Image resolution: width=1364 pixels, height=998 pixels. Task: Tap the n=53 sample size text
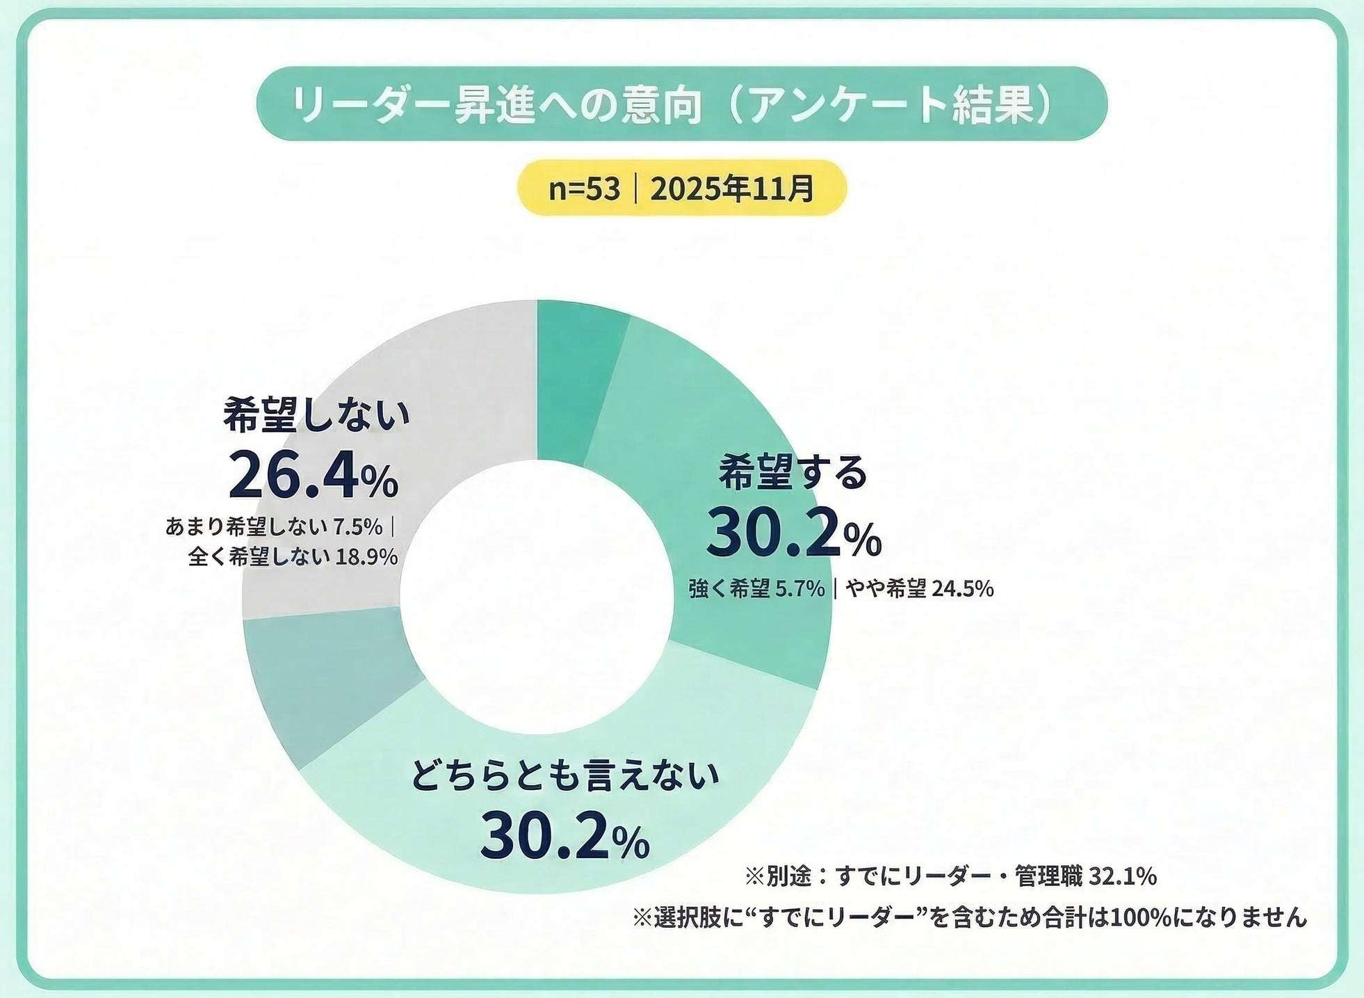pyautogui.click(x=583, y=188)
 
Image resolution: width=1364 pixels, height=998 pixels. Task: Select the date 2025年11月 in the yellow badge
pyautogui.click(x=731, y=188)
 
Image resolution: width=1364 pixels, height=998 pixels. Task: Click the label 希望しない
pyautogui.click(x=316, y=416)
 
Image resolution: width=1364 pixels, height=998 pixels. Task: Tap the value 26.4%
pyautogui.click(x=314, y=476)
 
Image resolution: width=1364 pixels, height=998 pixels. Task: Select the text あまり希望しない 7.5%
pyautogui.click(x=274, y=527)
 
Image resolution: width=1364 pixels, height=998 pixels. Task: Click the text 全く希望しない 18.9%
pyautogui.click(x=293, y=557)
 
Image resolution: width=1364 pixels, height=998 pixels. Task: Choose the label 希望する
pyautogui.click(x=793, y=473)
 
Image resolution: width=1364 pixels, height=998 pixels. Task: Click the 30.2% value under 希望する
pyautogui.click(x=793, y=534)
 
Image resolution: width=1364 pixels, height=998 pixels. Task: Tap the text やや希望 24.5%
pyautogui.click(x=919, y=589)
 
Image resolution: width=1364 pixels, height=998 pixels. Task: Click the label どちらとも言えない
pyautogui.click(x=564, y=776)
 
